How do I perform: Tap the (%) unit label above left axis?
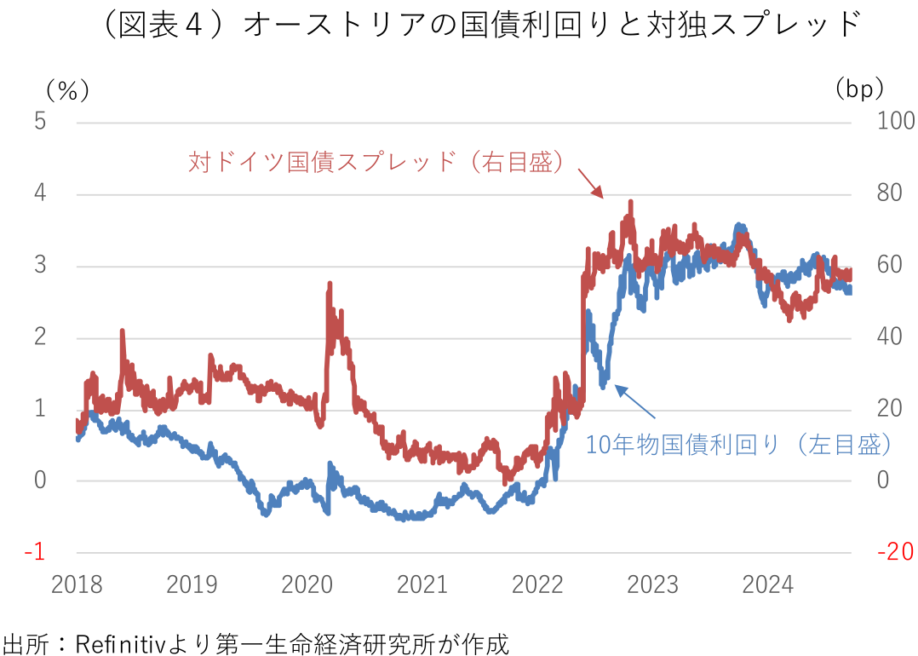[x=67, y=89]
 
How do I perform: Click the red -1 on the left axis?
[x=35, y=552]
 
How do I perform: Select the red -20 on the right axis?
[x=894, y=552]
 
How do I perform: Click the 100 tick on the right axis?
[x=895, y=122]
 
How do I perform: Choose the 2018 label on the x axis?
[x=77, y=585]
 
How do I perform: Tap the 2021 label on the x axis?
[x=422, y=585]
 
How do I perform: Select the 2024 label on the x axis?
[x=767, y=585]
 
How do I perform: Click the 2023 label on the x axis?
[x=652, y=585]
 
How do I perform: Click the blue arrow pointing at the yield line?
[x=635, y=402]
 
